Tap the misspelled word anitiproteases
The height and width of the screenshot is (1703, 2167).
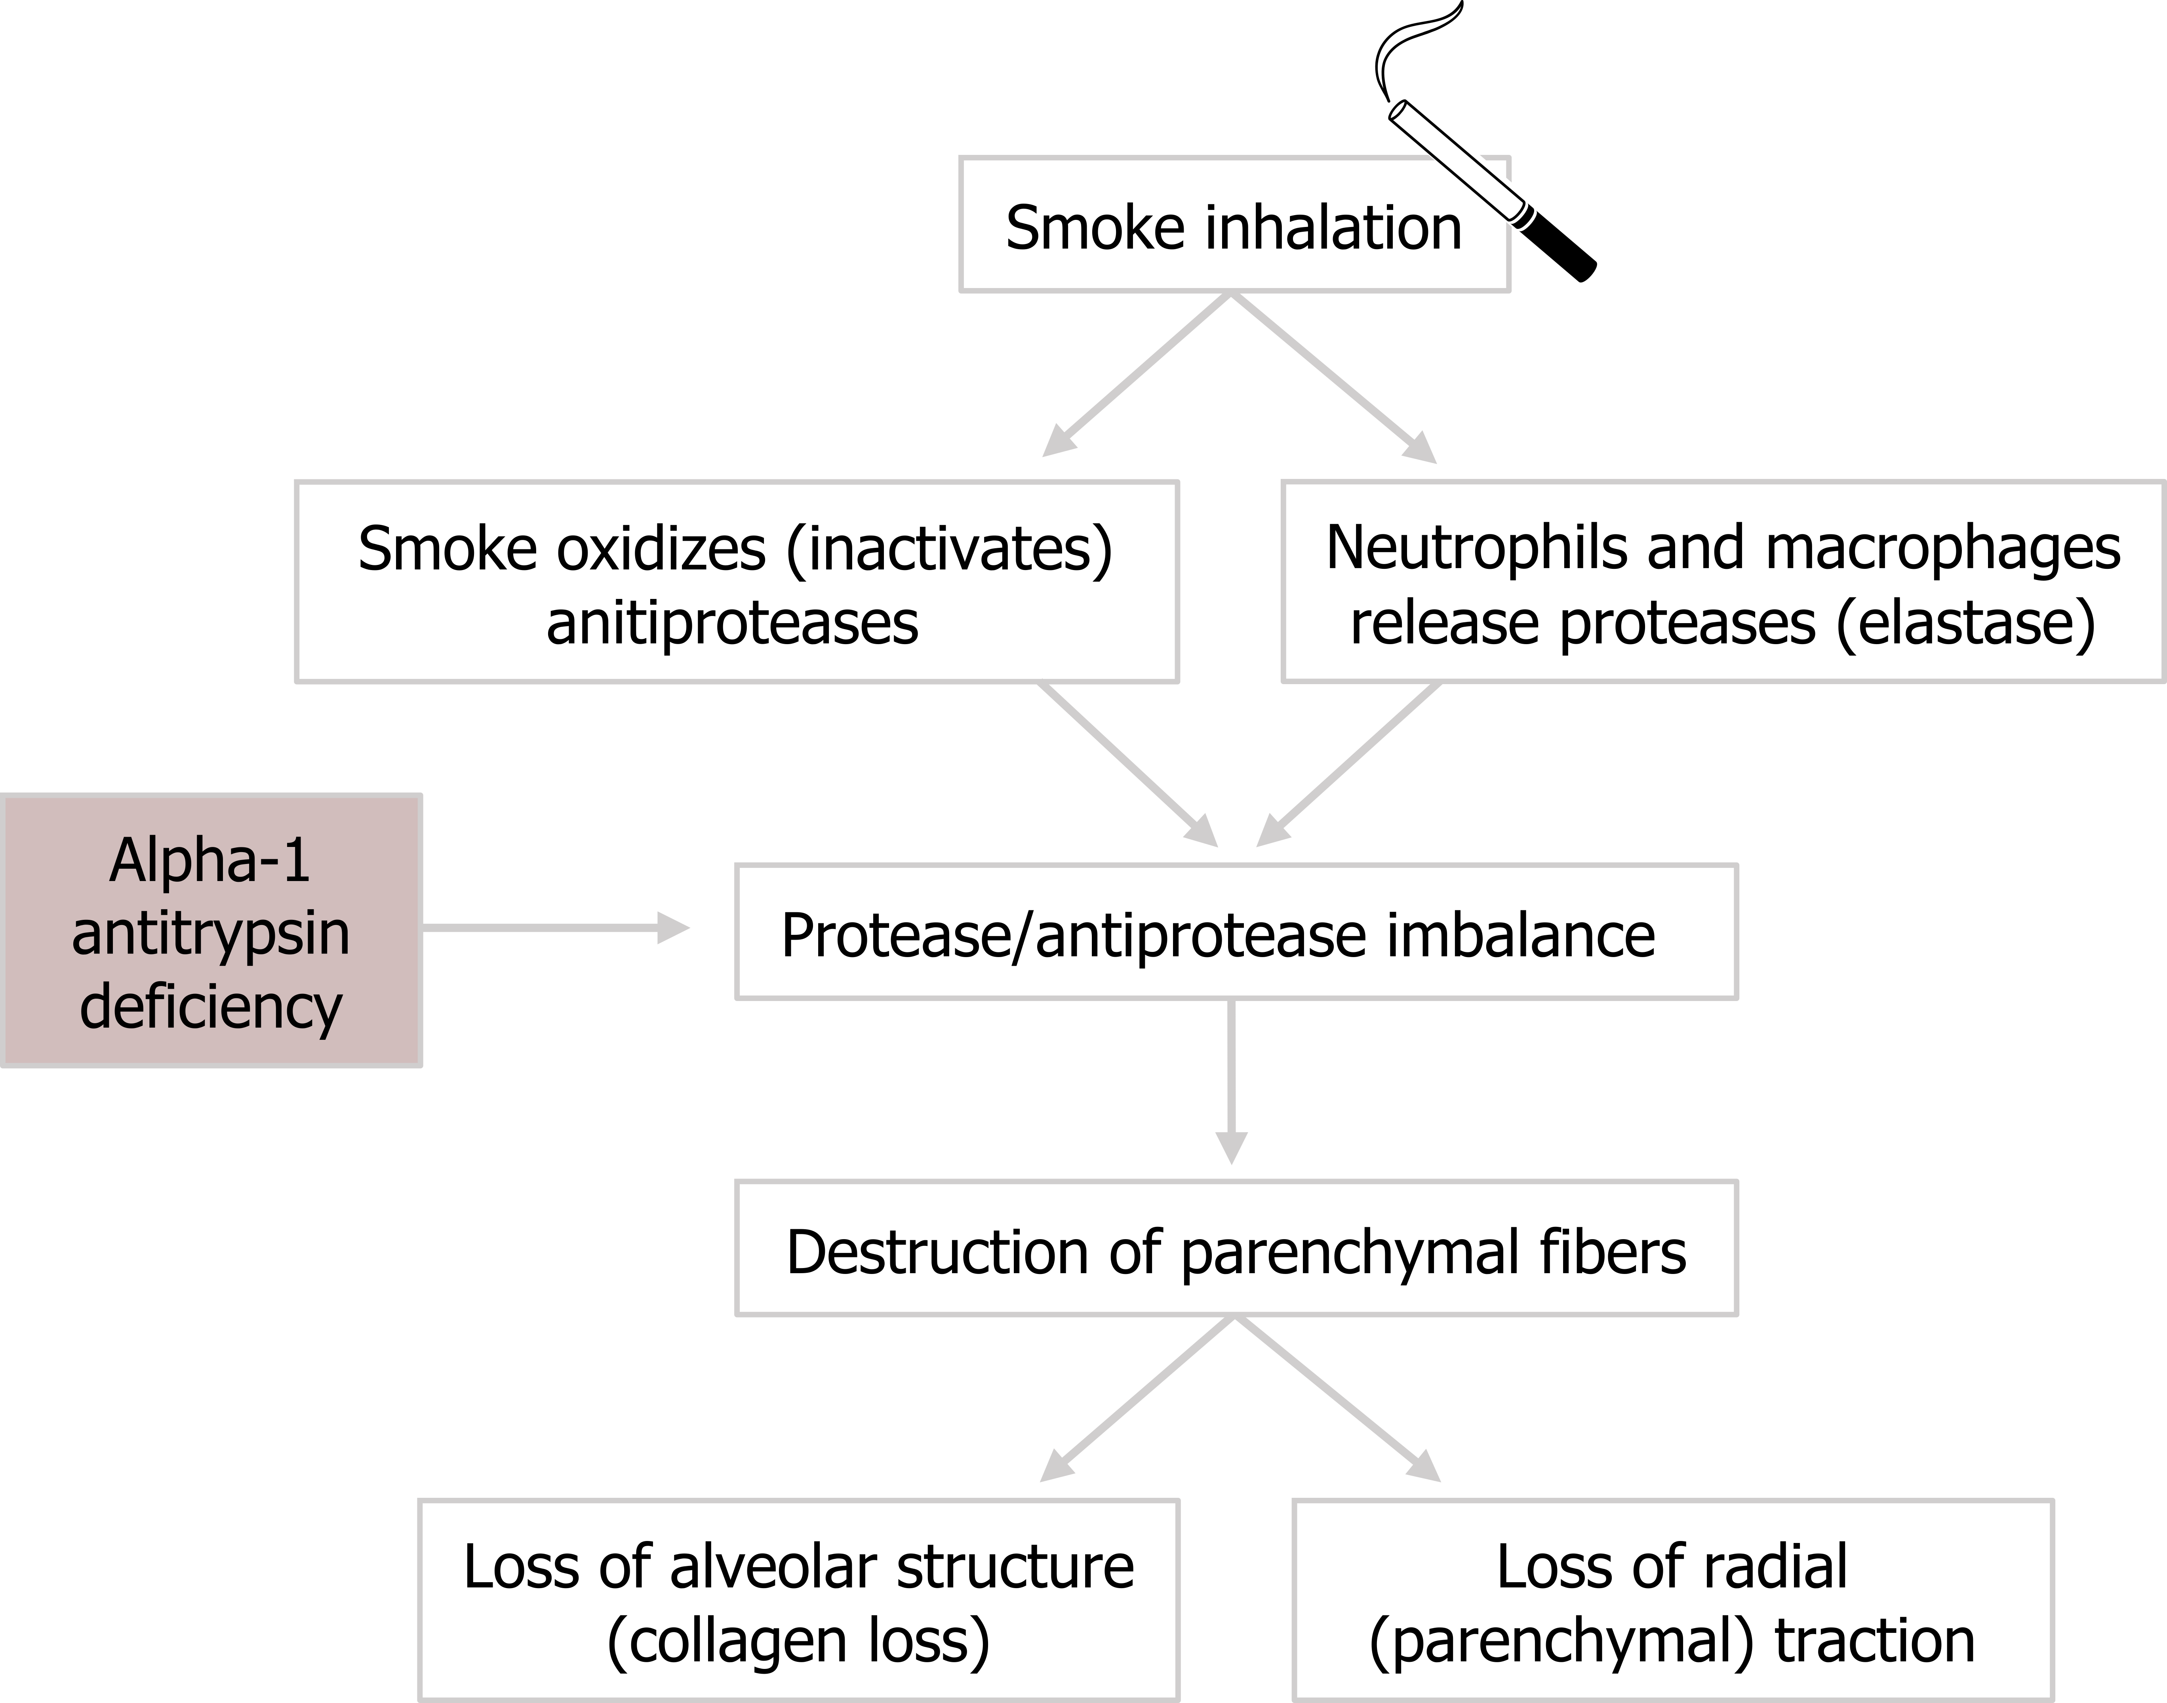[733, 623]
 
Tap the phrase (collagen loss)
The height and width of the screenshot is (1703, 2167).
[798, 1640]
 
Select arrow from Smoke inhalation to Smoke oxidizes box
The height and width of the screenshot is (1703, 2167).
[1136, 377]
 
